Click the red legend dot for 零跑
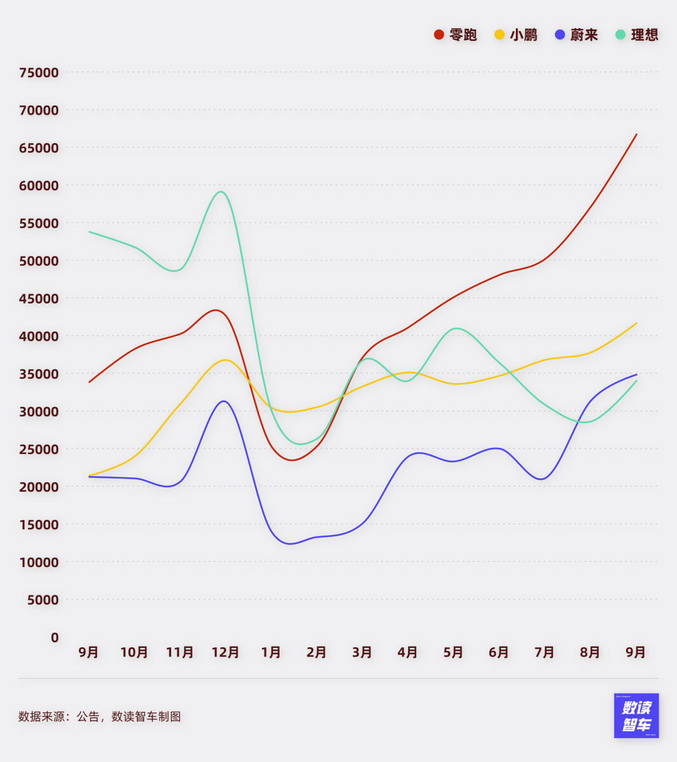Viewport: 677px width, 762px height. click(439, 34)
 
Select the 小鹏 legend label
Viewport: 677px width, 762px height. click(523, 35)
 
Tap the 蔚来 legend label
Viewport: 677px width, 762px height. click(584, 35)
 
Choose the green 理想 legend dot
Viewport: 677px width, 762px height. click(621, 34)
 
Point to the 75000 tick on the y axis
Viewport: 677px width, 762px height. click(39, 73)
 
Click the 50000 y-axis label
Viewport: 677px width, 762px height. click(39, 261)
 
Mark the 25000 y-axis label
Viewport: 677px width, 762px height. click(39, 449)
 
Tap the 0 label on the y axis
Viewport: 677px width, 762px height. click(55, 638)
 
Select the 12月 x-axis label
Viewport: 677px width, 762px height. click(225, 653)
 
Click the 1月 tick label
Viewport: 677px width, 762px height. click(271, 653)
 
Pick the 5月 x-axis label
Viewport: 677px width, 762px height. click(453, 653)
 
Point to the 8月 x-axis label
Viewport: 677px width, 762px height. click(590, 653)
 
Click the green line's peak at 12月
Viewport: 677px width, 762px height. click(221, 191)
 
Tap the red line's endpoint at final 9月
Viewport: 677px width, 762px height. click(636, 134)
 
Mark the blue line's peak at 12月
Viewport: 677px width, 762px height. click(224, 401)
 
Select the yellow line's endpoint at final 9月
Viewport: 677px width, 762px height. click(636, 323)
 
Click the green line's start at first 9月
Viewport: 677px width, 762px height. click(90, 232)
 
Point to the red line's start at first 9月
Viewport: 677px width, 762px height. click(90, 382)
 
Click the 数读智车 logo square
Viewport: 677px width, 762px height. click(636, 716)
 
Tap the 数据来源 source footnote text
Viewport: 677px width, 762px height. click(100, 717)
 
